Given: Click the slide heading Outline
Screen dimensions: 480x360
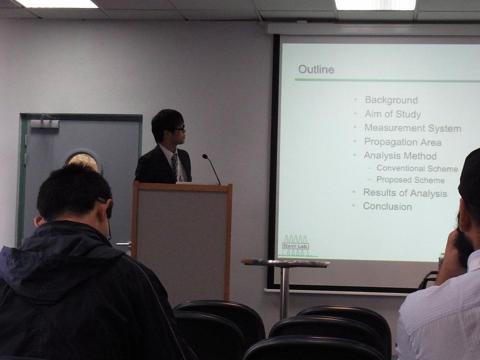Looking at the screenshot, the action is tap(316, 69).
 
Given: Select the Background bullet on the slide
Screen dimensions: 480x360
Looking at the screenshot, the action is tap(391, 100).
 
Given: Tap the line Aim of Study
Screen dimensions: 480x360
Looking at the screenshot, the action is tap(393, 114).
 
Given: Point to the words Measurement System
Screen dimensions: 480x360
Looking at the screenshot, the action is tap(412, 128).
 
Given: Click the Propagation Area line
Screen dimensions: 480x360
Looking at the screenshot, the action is tap(403, 142).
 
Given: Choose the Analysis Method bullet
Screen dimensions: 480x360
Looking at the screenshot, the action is tap(400, 156).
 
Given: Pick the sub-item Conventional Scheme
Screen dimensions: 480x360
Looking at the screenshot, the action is tap(417, 168).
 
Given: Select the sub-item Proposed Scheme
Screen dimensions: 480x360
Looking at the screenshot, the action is tap(410, 180).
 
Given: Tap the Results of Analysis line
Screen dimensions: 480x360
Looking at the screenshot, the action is tap(405, 193).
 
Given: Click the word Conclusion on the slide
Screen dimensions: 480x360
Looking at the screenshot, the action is tap(387, 206).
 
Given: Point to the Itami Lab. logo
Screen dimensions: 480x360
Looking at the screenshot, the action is tap(296, 246).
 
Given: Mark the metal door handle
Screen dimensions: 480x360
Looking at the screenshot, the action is tap(124, 244).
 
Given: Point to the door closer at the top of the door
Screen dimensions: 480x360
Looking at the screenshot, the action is tap(45, 123).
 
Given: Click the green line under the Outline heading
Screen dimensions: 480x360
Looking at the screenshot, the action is tap(387, 80).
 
